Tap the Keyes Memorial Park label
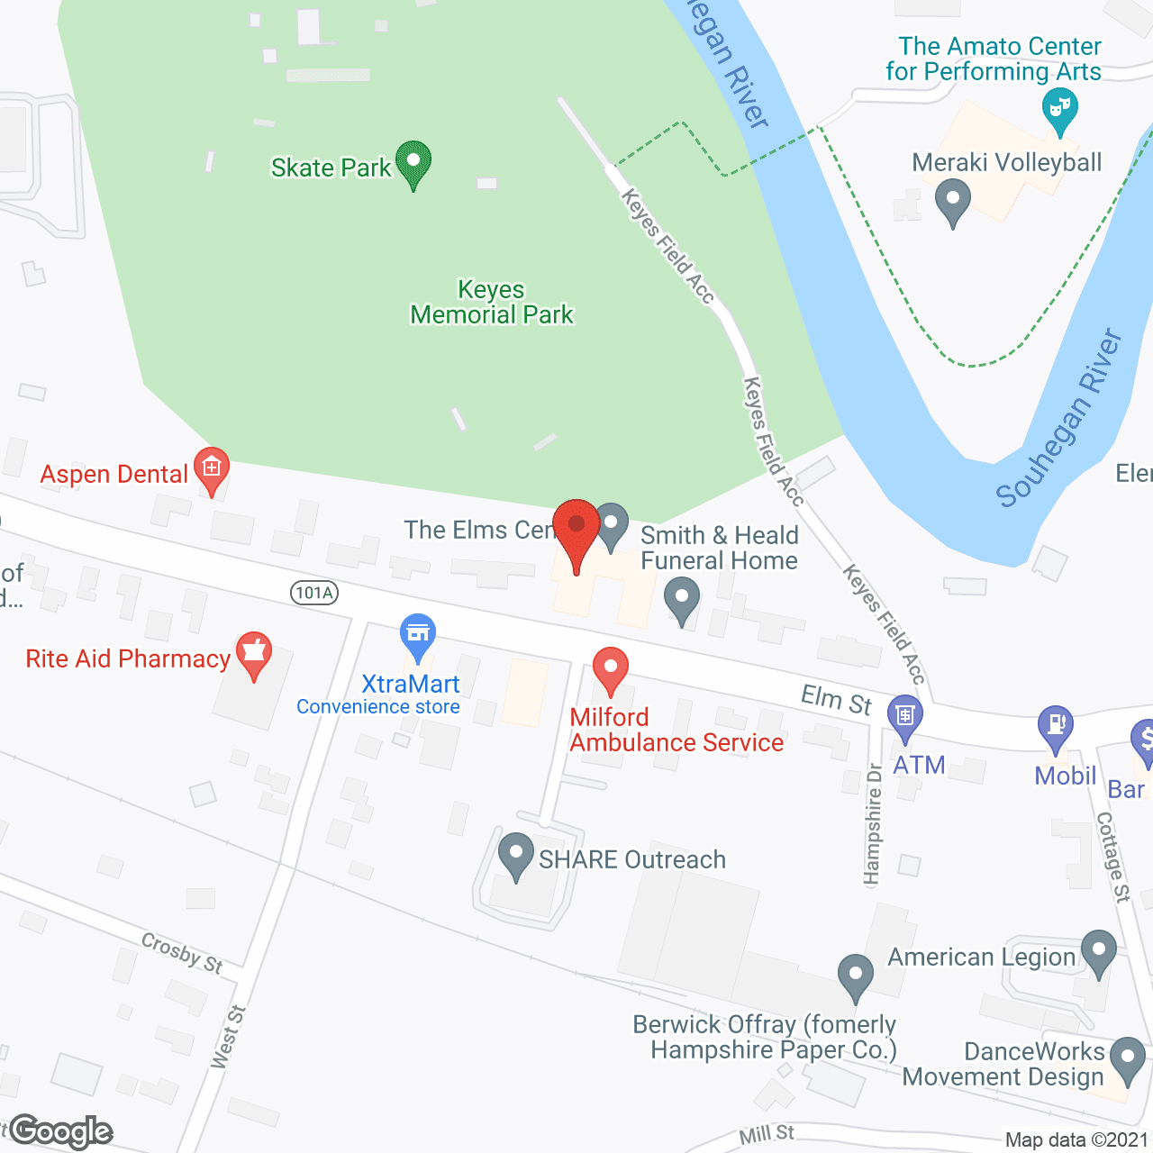tap(492, 303)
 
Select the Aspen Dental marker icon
tap(212, 469)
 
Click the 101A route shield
tap(314, 593)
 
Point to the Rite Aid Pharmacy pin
tap(254, 654)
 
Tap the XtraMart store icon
tap(418, 635)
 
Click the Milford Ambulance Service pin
tap(610, 670)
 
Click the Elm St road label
tap(836, 700)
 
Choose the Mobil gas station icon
tap(1056, 726)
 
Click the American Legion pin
tap(1098, 952)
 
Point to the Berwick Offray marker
tap(855, 976)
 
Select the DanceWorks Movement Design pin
tap(1128, 1059)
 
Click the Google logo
tap(61, 1131)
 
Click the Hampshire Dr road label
tap(872, 824)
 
